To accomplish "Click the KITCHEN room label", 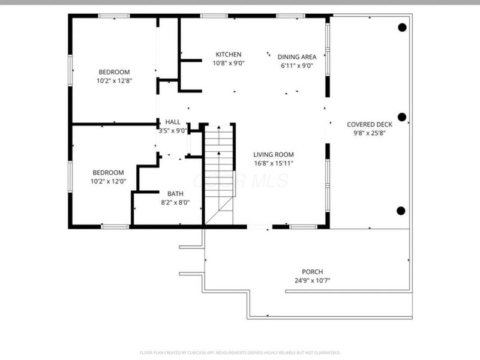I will [229, 55].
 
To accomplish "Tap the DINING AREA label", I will [296, 58].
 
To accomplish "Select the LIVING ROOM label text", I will [273, 154].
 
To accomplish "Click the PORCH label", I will [312, 272].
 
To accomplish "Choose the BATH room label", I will [175, 194].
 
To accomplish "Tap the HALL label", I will [172, 122].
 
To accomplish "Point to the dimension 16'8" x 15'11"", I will [273, 163].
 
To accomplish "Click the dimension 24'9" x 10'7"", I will [312, 280].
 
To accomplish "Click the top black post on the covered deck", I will [402, 27].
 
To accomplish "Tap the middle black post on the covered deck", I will [402, 117].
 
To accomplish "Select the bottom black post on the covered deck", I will [401, 210].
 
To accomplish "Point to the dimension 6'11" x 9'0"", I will [296, 66].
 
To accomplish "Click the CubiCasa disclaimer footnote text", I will [240, 352].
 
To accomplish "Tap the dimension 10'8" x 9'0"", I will [229, 63].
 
